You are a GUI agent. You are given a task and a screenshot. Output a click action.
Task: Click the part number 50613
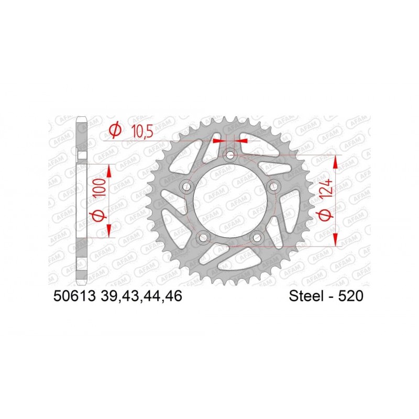click(x=73, y=297)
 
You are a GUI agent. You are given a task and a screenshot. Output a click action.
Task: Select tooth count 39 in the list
click(x=109, y=297)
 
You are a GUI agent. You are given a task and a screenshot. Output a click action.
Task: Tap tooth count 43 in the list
click(x=134, y=297)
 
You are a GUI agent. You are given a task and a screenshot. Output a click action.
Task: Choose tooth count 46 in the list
click(x=175, y=297)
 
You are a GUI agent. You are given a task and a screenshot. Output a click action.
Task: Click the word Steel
click(x=307, y=297)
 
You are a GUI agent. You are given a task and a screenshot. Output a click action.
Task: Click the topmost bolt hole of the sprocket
click(x=229, y=155)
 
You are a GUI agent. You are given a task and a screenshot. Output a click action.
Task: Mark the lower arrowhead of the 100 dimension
click(x=109, y=230)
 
